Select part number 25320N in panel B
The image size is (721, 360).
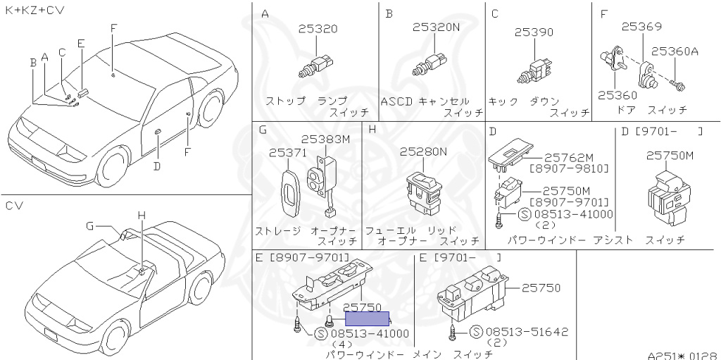(x=436, y=27)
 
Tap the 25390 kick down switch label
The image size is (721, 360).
(x=533, y=32)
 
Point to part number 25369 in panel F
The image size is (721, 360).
(x=641, y=27)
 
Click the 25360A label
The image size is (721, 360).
(x=674, y=51)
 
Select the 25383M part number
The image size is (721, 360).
(x=325, y=139)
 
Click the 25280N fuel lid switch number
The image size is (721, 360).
(x=423, y=151)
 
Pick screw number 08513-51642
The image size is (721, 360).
(x=527, y=332)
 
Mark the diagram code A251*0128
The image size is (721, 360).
(x=682, y=355)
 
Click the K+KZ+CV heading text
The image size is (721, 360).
(x=35, y=10)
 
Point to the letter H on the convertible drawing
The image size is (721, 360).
(x=141, y=215)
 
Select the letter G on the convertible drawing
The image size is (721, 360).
(x=89, y=225)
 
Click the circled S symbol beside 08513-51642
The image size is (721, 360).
(x=475, y=332)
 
